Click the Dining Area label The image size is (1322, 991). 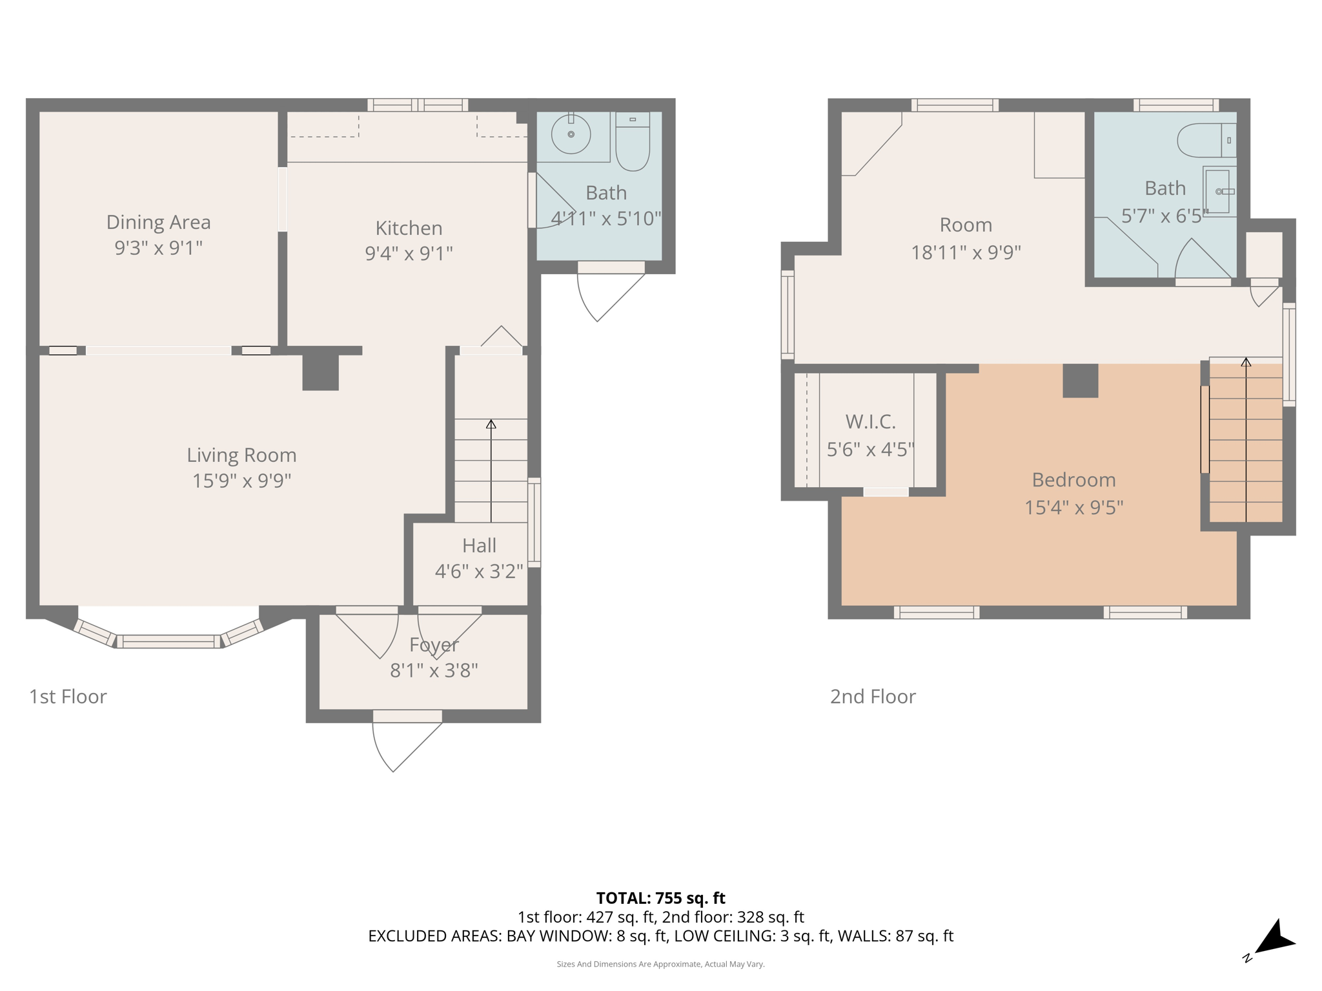coord(158,223)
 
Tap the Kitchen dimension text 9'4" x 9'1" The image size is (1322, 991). coord(409,254)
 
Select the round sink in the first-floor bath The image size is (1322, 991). coord(571,134)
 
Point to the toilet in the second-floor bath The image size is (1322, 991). coord(1205,141)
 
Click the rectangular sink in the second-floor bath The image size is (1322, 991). coord(1218,192)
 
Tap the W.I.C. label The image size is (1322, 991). coord(870,422)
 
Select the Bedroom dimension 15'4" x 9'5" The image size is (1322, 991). coord(1073,508)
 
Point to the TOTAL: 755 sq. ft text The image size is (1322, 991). coord(660,898)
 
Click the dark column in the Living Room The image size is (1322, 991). coord(321,372)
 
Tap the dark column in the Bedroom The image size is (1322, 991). coord(1080,381)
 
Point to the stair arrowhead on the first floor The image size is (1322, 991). coord(491,424)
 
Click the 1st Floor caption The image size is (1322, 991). coord(68,697)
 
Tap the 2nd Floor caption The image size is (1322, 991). coord(873,697)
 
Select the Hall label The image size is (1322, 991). coord(479,546)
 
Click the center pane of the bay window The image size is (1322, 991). coord(168,641)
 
